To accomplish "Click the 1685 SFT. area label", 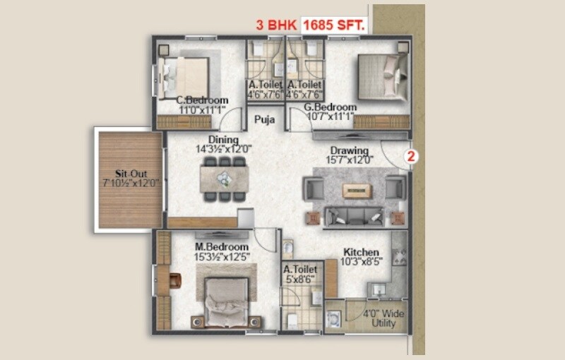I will (333, 25).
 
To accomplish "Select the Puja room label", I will (266, 119).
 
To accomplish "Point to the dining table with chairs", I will (224, 179).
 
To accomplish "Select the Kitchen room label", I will (361, 252).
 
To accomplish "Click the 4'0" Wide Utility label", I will (380, 317).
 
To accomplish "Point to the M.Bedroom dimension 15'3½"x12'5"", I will (222, 257).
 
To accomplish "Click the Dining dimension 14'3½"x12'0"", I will (223, 150).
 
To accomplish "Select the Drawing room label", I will (350, 150).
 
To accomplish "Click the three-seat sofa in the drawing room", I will (353, 215).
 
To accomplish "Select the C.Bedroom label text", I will (202, 100).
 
